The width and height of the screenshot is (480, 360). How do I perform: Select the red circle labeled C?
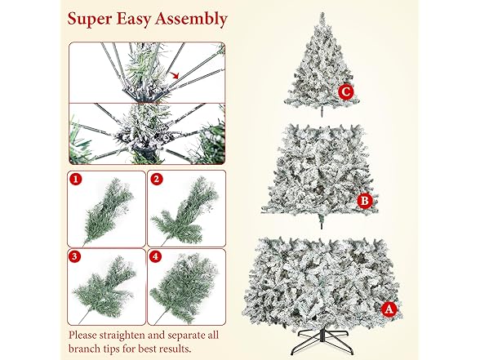tap(346, 92)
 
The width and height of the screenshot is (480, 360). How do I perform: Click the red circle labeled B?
tap(366, 199)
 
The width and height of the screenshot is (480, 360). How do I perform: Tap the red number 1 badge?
tap(77, 176)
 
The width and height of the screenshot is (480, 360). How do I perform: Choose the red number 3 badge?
tap(77, 256)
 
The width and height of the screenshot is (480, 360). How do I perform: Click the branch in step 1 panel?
tap(106, 209)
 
